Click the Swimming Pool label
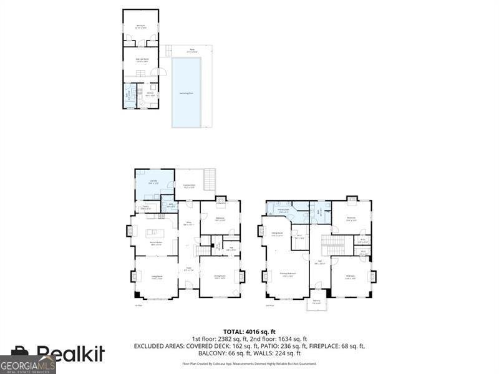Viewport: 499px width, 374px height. click(186, 93)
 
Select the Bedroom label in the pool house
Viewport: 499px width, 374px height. click(141, 27)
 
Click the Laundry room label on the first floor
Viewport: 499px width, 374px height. click(153, 183)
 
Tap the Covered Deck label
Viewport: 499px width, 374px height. click(189, 185)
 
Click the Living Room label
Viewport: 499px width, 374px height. click(156, 277)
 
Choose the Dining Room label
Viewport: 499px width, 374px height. click(220, 277)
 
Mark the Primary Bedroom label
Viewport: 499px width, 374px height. click(287, 274)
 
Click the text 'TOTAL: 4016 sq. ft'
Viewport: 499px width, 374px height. click(249, 332)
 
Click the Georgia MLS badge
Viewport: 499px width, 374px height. click(28, 364)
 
